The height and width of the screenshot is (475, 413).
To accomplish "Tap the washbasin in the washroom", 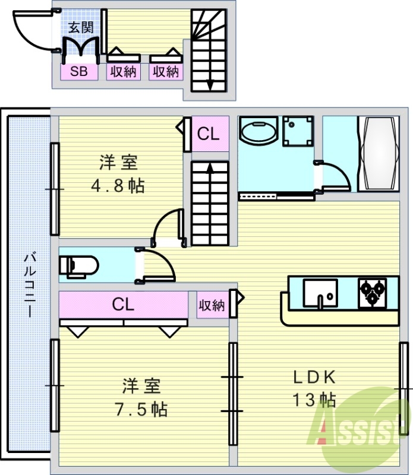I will point(257,131).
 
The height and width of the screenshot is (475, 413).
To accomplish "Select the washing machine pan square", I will point(298,131).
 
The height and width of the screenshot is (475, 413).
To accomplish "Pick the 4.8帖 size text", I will point(118,186).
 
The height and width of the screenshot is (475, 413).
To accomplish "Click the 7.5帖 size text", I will point(141,408).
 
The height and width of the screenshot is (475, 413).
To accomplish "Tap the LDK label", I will point(314,377).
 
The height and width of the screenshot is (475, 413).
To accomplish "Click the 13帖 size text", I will point(314,400).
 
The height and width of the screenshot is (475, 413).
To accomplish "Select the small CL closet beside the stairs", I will point(209,135).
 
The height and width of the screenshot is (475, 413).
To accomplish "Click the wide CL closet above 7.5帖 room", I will point(123,305).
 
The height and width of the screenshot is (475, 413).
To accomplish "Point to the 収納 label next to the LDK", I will point(211,305).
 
